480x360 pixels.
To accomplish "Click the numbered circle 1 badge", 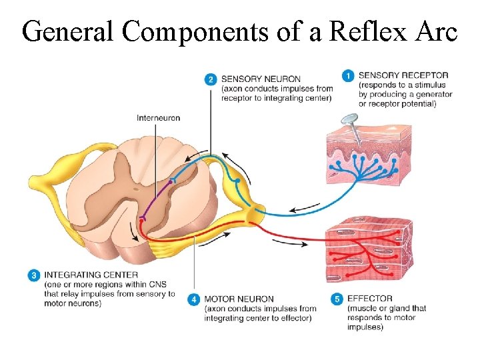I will [347, 76].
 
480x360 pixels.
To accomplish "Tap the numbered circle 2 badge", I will [210, 79].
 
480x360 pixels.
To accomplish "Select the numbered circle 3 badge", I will [33, 275].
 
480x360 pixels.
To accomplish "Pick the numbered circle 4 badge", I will [193, 300].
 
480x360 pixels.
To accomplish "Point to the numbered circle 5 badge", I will [337, 299].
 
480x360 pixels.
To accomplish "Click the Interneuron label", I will [158, 119].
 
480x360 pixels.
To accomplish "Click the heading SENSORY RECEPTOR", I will [403, 76].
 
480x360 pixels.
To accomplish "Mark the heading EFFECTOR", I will [370, 299].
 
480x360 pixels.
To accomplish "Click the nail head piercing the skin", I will [348, 121].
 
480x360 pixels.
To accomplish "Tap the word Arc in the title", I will [434, 31].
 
